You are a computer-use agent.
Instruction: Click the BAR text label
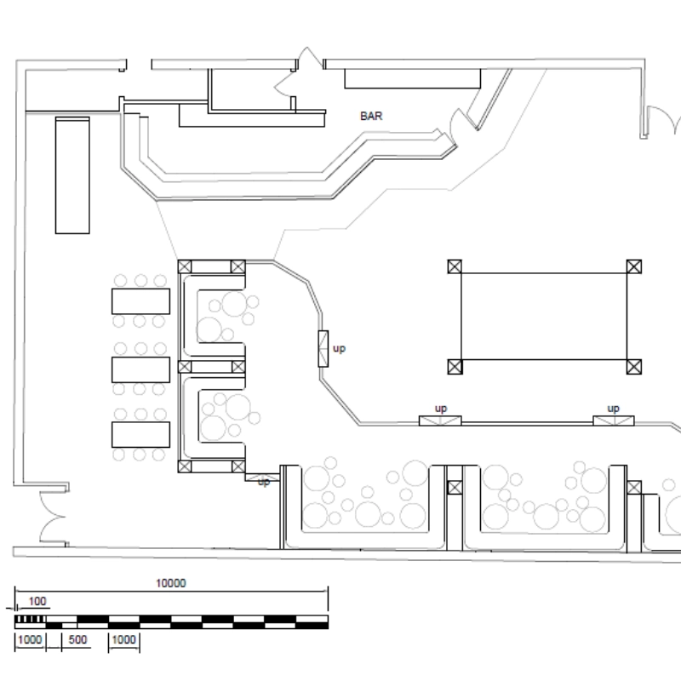point(371,117)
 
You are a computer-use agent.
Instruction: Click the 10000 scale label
point(171,583)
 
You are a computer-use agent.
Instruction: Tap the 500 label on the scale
point(78,640)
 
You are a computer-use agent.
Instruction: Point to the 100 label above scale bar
point(37,602)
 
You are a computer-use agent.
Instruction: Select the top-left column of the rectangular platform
point(455,266)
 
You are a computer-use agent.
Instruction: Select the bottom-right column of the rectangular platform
point(633,367)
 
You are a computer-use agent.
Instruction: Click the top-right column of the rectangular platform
point(633,266)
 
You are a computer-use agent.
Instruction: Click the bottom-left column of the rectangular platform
point(455,367)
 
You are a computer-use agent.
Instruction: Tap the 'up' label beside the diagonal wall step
point(339,348)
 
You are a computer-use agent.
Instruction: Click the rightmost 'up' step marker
point(614,409)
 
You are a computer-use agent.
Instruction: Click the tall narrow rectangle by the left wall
point(72,175)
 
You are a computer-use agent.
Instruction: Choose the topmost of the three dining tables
point(140,301)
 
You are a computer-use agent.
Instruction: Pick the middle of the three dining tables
point(140,369)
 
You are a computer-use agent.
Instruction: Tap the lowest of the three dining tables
point(140,434)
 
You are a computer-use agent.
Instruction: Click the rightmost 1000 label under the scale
point(124,640)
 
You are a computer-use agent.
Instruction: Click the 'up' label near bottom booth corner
point(264,482)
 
